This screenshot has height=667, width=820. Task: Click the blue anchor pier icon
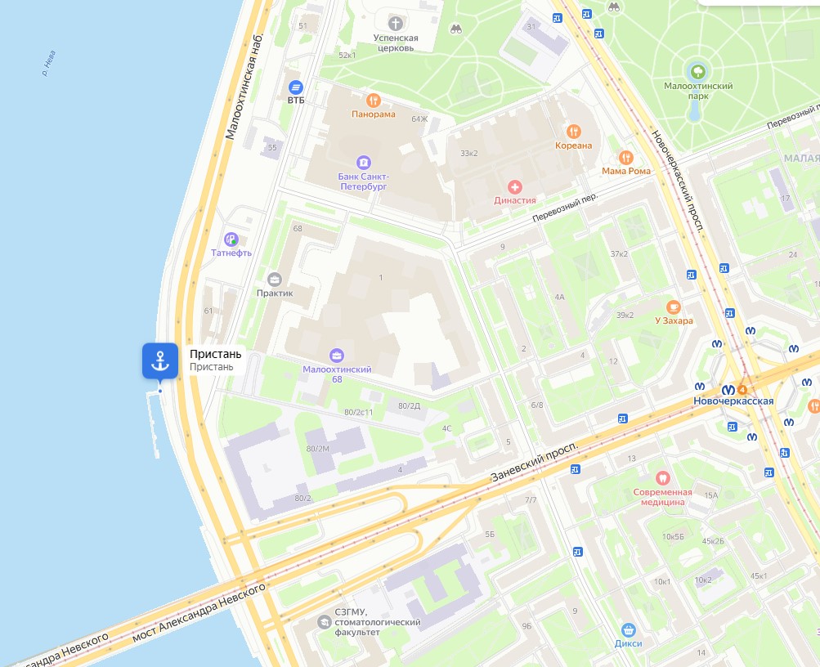[x=160, y=360]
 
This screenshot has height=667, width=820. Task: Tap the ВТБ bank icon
[x=296, y=87]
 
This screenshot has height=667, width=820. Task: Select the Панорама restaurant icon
[x=374, y=101]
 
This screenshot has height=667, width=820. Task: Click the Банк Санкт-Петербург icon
[x=364, y=162]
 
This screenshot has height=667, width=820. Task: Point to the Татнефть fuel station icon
[x=231, y=239]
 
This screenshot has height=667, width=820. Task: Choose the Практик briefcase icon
[x=274, y=279]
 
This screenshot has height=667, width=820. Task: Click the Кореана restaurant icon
[x=574, y=131]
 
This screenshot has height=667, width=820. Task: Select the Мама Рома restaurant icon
[x=626, y=157]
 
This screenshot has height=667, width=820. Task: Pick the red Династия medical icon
[x=514, y=186]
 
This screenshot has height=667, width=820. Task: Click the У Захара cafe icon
[x=674, y=307]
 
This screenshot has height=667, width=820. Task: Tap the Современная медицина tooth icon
[x=663, y=478]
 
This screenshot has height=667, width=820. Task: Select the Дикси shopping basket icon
[x=629, y=629]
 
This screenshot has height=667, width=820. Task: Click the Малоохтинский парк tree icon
[x=697, y=71]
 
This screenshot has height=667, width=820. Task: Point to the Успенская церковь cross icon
[x=397, y=23]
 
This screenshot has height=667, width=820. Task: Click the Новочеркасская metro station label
[x=733, y=401]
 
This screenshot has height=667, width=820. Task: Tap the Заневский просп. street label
[x=535, y=460]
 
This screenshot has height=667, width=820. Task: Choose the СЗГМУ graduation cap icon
[x=324, y=623]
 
